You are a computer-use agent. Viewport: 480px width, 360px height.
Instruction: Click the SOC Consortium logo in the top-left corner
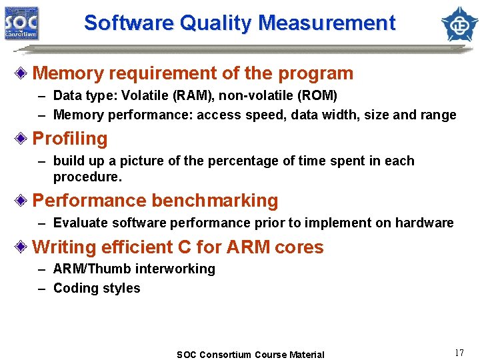click(21, 23)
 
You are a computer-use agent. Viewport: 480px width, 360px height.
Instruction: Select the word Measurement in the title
click(327, 23)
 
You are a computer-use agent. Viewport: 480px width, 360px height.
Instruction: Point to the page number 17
click(459, 353)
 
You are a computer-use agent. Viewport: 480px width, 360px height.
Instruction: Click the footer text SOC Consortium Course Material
click(250, 355)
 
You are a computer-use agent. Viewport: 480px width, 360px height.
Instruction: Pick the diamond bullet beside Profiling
click(23, 139)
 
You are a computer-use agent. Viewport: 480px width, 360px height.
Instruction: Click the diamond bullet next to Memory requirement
click(23, 73)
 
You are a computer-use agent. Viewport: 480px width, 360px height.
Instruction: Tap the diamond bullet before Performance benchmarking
click(23, 201)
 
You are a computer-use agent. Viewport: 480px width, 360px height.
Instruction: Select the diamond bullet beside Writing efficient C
click(23, 247)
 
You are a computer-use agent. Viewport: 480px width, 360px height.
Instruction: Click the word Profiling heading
click(70, 139)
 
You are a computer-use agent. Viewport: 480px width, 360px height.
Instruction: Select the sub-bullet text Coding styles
click(97, 288)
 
